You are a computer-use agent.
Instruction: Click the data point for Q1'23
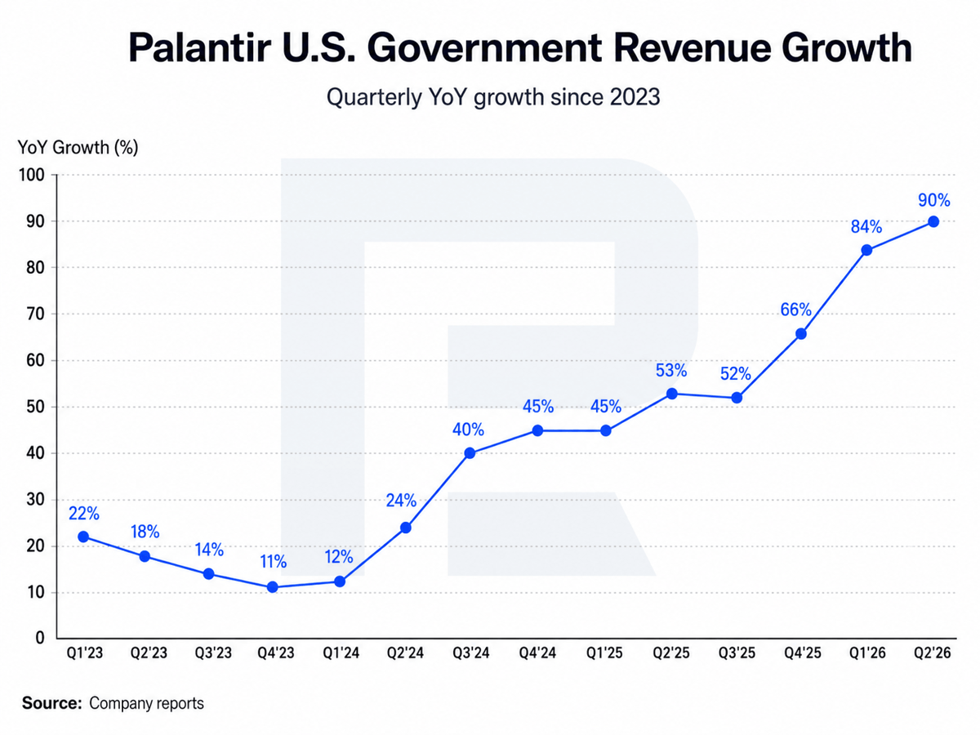pyautogui.click(x=83, y=537)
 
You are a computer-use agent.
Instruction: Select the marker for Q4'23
pyautogui.click(x=272, y=587)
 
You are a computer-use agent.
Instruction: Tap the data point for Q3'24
pyautogui.click(x=470, y=453)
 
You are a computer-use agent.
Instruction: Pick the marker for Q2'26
pyautogui.click(x=933, y=221)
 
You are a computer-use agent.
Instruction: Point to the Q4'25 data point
pyautogui.click(x=801, y=333)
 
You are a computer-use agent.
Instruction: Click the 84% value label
pyautogui.click(x=866, y=227)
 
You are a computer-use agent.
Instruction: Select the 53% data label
pyautogui.click(x=671, y=370)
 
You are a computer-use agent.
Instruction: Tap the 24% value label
pyautogui.click(x=401, y=501)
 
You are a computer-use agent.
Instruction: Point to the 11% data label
pyautogui.click(x=274, y=561)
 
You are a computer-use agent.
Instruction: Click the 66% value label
pyautogui.click(x=795, y=310)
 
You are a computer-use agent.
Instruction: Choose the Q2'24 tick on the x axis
pyautogui.click(x=405, y=653)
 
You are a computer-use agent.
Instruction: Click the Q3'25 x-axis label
pyautogui.click(x=737, y=653)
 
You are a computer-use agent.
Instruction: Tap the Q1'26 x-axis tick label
pyautogui.click(x=867, y=653)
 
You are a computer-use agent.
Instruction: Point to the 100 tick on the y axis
pyautogui.click(x=32, y=175)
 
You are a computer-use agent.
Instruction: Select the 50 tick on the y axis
pyautogui.click(x=36, y=407)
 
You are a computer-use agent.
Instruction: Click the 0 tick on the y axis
pyautogui.click(x=40, y=637)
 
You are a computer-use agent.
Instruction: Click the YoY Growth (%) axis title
pyautogui.click(x=78, y=147)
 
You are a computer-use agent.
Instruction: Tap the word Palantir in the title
pyautogui.click(x=200, y=47)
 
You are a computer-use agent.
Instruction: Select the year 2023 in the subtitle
pyautogui.click(x=635, y=96)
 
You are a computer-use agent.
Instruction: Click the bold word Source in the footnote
pyautogui.click(x=51, y=703)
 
